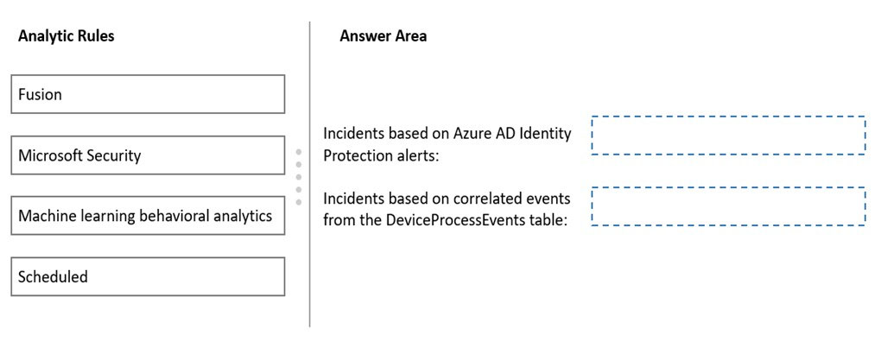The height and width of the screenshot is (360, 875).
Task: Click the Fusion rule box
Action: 148,94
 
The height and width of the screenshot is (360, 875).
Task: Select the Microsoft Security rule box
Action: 148,155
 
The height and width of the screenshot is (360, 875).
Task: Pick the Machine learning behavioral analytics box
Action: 148,216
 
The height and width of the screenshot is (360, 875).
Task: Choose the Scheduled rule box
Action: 148,276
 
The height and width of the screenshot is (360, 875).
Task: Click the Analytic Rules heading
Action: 67,36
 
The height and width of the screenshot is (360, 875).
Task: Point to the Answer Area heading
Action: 384,36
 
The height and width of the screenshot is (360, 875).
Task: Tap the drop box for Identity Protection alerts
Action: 728,135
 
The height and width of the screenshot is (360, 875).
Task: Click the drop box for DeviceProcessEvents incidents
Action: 728,206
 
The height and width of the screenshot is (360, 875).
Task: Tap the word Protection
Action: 355,155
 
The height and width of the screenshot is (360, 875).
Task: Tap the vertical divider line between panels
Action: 310,174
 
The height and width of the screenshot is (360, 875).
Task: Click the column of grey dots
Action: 299,177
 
